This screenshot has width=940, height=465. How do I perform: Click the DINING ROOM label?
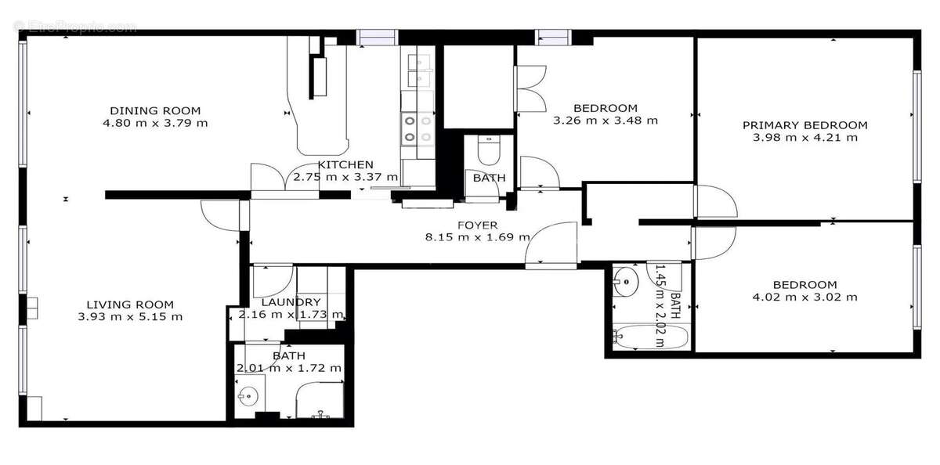155,110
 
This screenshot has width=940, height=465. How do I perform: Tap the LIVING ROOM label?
130,305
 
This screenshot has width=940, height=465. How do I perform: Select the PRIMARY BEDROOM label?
804,125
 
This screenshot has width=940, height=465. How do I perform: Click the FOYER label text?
478,225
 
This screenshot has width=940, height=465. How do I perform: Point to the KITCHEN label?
345,165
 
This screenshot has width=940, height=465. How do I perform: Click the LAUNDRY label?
291,302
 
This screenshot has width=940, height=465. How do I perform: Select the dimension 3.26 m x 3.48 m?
605,121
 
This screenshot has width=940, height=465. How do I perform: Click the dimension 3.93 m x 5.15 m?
130,317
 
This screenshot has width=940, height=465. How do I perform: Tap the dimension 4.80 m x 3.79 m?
155,123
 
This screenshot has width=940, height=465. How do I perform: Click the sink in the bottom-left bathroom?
248,395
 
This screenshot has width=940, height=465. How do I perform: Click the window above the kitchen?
378,36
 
